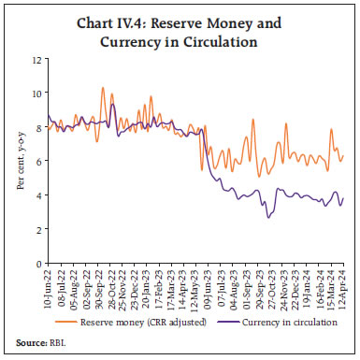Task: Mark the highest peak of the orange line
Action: pos(102,88)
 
